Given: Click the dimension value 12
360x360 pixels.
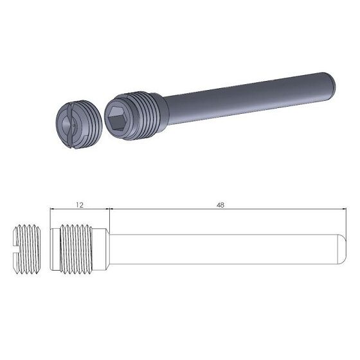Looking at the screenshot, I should click(80, 204).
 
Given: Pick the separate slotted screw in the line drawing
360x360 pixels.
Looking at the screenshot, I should click(28, 248).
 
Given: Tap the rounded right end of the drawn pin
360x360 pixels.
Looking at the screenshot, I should click(340, 248).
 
